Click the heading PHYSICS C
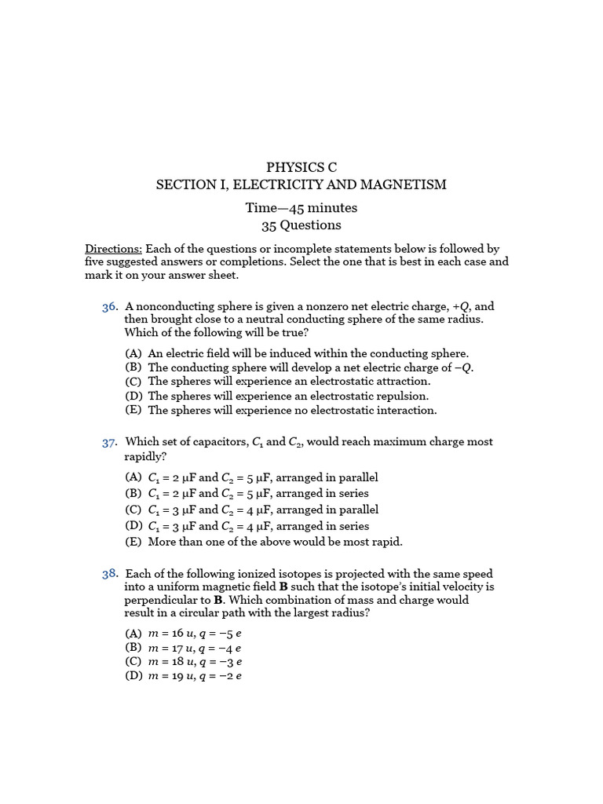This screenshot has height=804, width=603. click(x=301, y=167)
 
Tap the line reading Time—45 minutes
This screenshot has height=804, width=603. click(x=301, y=208)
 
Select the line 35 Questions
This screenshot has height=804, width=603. click(x=301, y=225)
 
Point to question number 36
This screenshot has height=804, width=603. click(x=110, y=307)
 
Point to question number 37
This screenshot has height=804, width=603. click(x=110, y=443)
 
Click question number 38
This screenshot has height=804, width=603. click(x=110, y=575)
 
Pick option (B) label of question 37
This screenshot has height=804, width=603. click(x=133, y=494)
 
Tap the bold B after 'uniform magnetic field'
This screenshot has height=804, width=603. click(x=281, y=587)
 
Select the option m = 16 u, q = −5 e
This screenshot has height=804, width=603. click(x=194, y=634)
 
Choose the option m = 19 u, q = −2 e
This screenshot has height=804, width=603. click(x=194, y=675)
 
